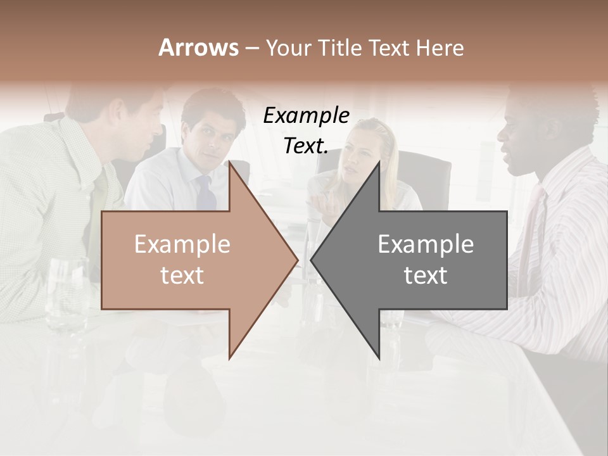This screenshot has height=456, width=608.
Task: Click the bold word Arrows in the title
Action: click(x=199, y=47)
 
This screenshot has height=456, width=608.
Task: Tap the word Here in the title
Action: click(x=440, y=47)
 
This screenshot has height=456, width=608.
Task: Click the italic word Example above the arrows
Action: click(x=306, y=116)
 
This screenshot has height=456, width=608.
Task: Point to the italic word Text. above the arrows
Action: click(x=306, y=146)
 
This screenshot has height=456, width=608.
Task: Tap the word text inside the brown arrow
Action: click(x=182, y=275)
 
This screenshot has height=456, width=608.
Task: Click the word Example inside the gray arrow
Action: click(x=426, y=244)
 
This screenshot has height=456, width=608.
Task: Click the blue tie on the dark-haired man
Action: click(x=206, y=194)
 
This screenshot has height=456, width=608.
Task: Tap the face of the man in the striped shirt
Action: click(x=516, y=142)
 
